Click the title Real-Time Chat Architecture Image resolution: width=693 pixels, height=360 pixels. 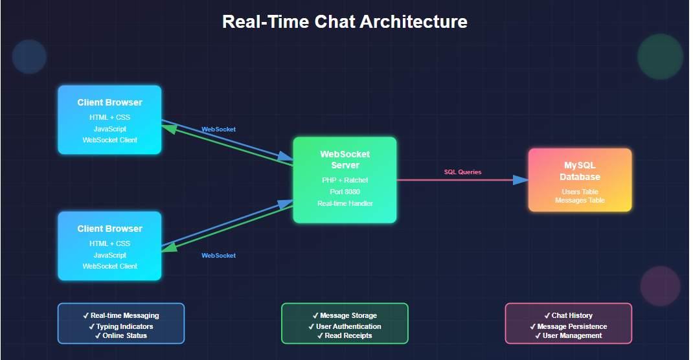(345, 21)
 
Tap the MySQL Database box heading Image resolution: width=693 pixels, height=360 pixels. (580, 171)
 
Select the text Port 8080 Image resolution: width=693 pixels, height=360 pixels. (345, 192)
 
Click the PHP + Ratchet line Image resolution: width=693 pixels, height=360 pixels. (345, 180)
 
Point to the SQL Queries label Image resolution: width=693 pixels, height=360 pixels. (462, 172)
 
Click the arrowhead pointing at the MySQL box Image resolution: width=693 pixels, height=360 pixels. (520, 180)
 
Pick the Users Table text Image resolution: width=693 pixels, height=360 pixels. (580, 192)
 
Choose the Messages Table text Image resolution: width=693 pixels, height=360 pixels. (580, 201)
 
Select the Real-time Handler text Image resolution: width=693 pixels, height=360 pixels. (345, 203)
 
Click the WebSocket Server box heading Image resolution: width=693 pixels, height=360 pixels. (345, 159)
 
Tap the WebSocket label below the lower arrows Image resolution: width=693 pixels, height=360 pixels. (218, 256)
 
